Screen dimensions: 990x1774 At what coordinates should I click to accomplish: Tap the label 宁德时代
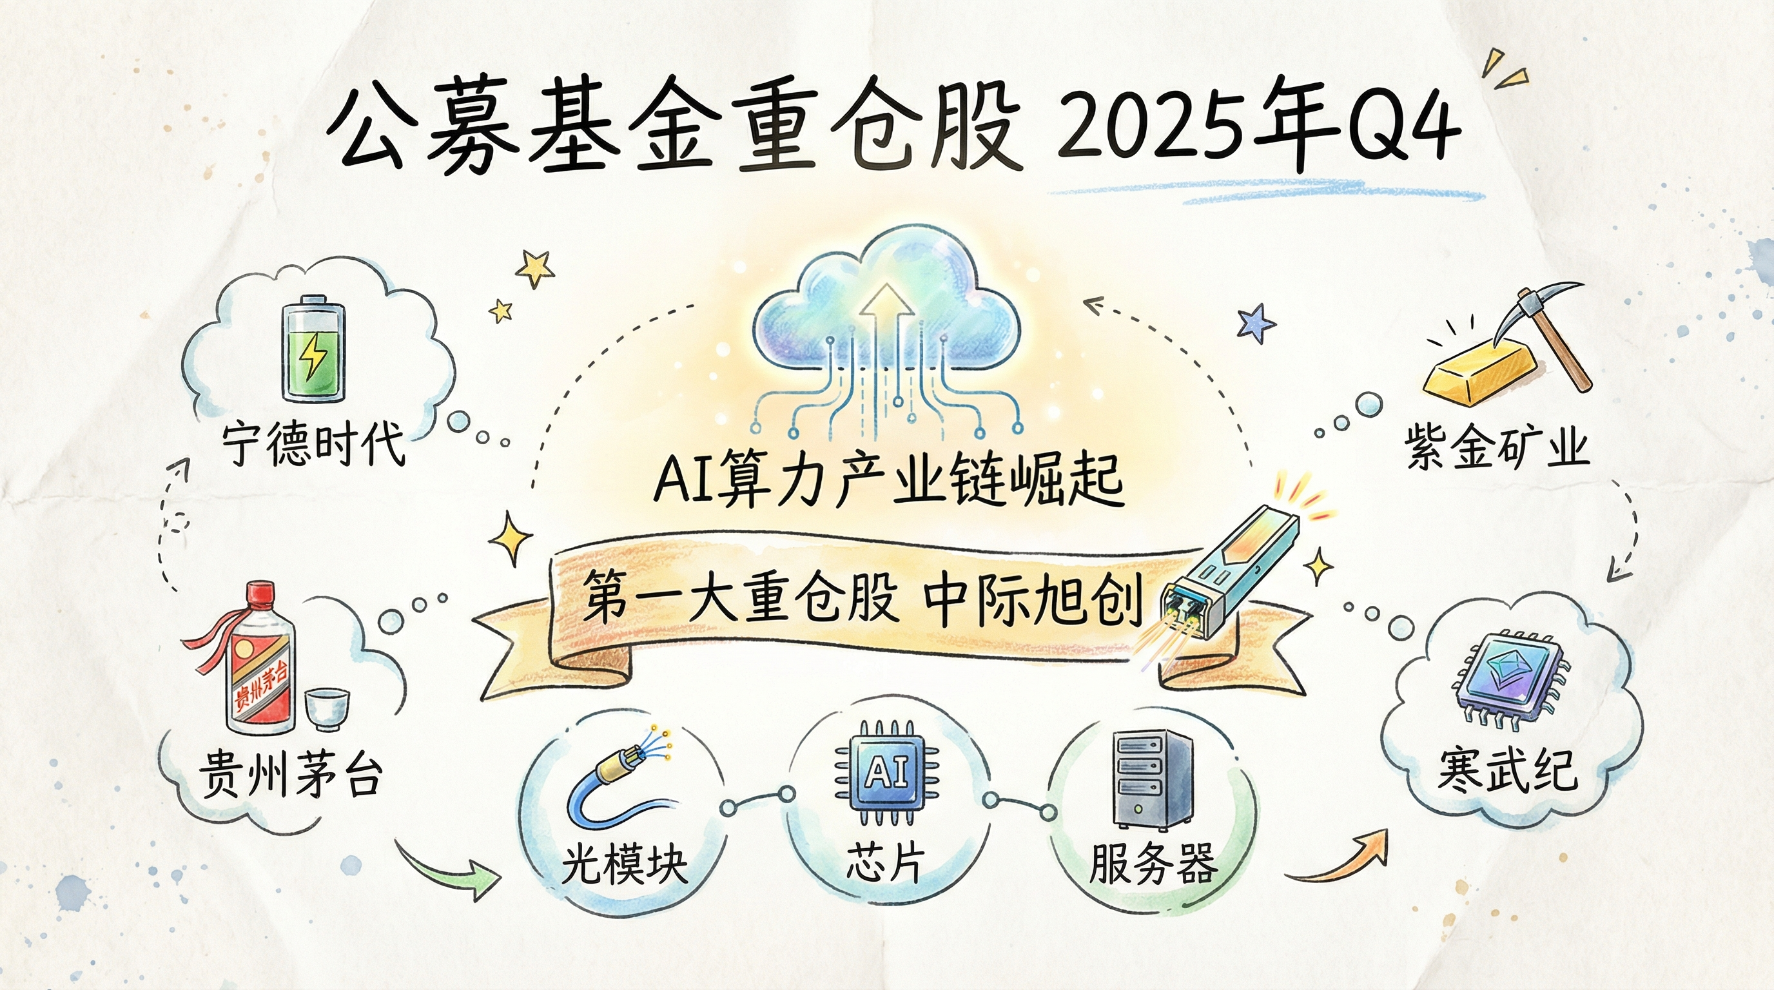(314, 445)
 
